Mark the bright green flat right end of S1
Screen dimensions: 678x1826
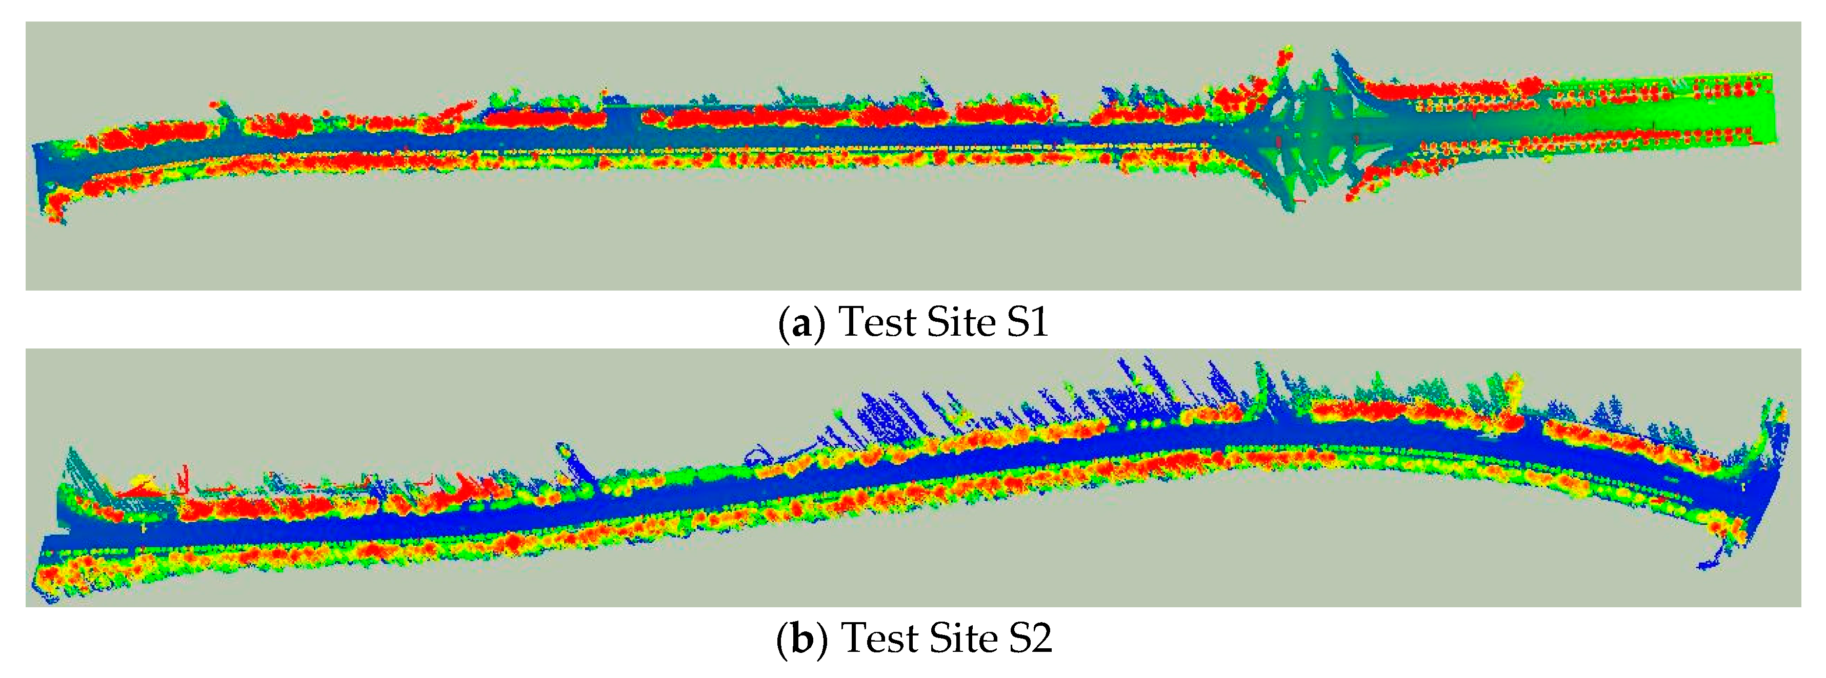point(1730,113)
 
